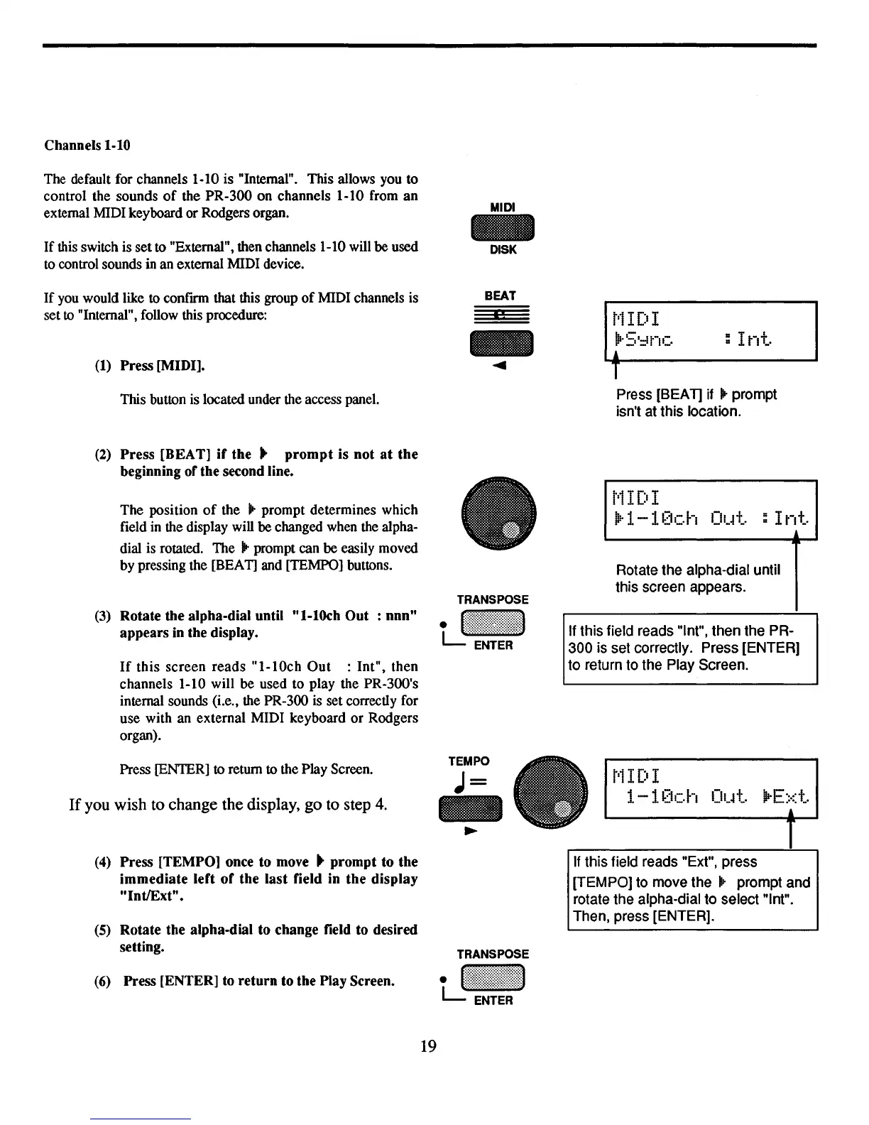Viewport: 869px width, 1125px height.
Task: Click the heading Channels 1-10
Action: pyautogui.click(x=87, y=146)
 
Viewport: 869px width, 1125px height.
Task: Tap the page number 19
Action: pyautogui.click(x=428, y=1045)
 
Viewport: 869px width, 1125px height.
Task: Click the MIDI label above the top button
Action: pyautogui.click(x=503, y=207)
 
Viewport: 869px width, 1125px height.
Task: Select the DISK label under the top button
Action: pyautogui.click(x=503, y=250)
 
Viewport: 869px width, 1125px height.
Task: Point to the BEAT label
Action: pyautogui.click(x=500, y=295)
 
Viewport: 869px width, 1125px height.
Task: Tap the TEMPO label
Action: pyautogui.click(x=469, y=761)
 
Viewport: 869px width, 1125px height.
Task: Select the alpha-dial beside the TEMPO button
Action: pyautogui.click(x=552, y=793)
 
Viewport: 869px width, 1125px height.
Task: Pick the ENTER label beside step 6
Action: pyautogui.click(x=493, y=1001)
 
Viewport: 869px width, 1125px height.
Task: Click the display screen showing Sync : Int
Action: pyautogui.click(x=710, y=331)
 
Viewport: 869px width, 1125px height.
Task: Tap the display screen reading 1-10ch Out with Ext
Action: pyautogui.click(x=711, y=788)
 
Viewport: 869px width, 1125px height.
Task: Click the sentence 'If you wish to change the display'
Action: pyautogui.click(x=228, y=805)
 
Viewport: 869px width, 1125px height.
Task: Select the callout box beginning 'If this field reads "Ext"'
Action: pyautogui.click(x=692, y=889)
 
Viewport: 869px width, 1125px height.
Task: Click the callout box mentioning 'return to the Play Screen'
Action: pyautogui.click(x=690, y=648)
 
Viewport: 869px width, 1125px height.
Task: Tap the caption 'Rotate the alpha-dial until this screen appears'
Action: pyautogui.click(x=698, y=578)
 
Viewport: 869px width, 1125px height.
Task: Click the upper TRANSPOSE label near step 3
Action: pyautogui.click(x=493, y=600)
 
